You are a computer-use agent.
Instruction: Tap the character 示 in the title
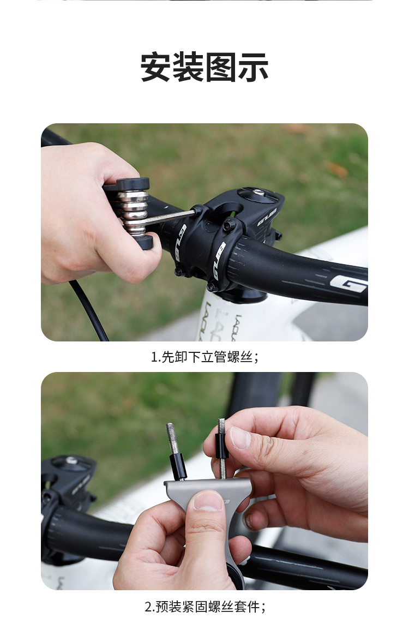tap(252, 67)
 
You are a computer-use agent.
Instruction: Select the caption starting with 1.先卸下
tap(205, 357)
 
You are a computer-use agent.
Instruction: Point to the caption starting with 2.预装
tap(205, 606)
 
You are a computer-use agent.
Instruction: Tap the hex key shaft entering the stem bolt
tap(170, 218)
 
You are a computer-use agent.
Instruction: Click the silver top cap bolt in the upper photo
tap(258, 193)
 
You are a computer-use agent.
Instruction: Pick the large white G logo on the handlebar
tap(347, 284)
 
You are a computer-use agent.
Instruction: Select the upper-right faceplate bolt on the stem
tap(229, 225)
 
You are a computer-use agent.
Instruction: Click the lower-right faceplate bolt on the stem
tap(212, 286)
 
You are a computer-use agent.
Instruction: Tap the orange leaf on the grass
tap(337, 170)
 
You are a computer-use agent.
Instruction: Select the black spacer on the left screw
tap(178, 466)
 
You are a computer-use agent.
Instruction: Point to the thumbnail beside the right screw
tap(239, 437)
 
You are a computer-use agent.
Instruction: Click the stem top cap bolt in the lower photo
tap(71, 460)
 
